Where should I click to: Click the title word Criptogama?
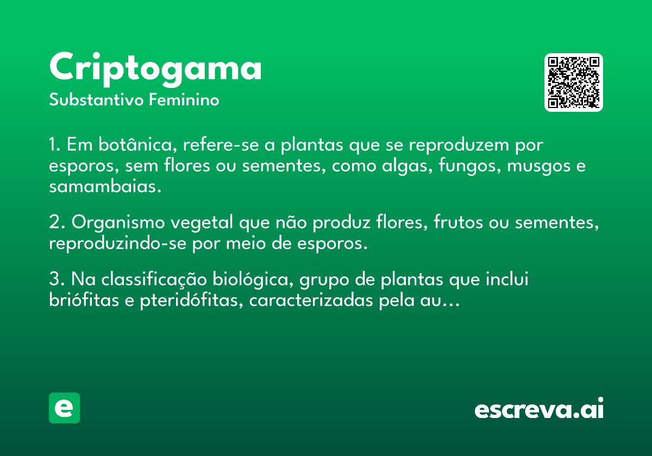click(x=155, y=69)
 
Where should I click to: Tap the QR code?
click(x=573, y=83)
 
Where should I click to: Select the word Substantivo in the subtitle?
click(x=96, y=99)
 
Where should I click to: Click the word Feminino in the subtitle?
click(x=184, y=99)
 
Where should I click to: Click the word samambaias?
click(x=105, y=186)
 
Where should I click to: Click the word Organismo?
click(x=118, y=223)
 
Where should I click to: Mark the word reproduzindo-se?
click(x=117, y=243)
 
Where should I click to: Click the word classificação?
click(x=154, y=279)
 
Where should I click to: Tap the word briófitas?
click(x=84, y=300)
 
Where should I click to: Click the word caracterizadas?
click(x=311, y=300)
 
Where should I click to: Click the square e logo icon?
click(x=64, y=408)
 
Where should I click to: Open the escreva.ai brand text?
click(x=539, y=408)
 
